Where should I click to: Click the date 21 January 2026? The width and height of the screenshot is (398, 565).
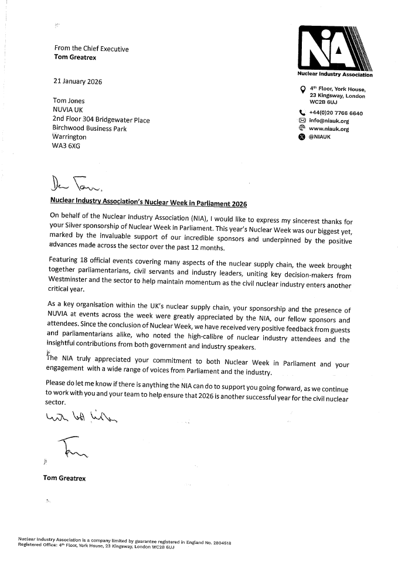77,81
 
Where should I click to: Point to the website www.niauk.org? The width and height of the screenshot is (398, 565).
329,129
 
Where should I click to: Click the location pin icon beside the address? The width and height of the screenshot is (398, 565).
302,90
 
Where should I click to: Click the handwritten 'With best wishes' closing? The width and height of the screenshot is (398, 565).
75,416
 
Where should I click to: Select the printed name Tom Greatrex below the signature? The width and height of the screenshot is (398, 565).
64,478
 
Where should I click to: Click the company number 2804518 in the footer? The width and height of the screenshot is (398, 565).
221,543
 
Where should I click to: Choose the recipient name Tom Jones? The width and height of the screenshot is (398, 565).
69,100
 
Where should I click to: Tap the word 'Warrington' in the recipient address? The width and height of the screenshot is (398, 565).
70,137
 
